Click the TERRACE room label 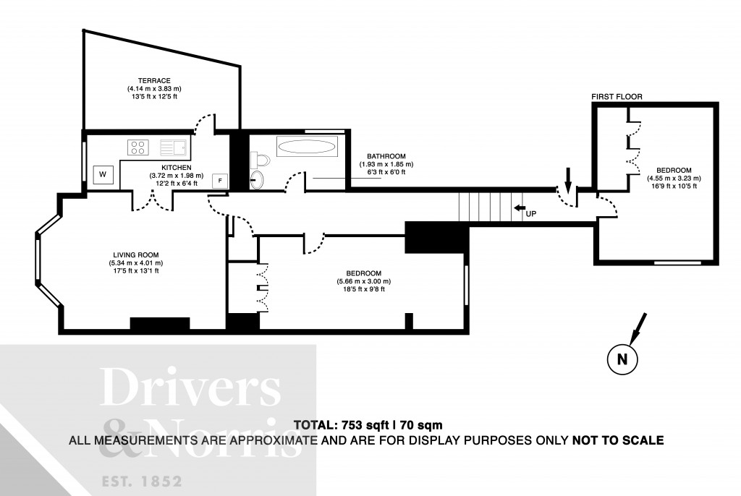[x=154, y=80]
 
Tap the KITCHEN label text [x=176, y=167]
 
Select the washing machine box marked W [x=102, y=174]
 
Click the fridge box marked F [x=219, y=179]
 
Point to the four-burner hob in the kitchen [x=137, y=147]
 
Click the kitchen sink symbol [x=173, y=147]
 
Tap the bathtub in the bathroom [x=307, y=147]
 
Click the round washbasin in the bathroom [x=258, y=179]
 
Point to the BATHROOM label [x=386, y=156]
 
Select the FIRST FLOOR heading [x=617, y=96]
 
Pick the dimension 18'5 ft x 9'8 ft [x=363, y=289]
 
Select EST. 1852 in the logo [x=140, y=480]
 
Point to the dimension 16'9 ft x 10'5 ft [x=673, y=187]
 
